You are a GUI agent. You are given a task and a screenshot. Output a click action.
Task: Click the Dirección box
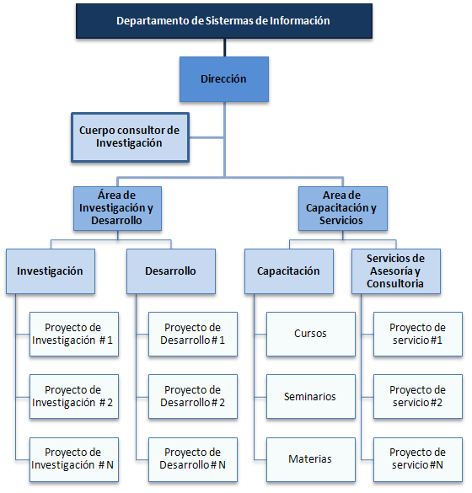coord(224,79)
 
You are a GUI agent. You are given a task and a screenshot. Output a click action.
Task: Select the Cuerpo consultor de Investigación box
coord(130,137)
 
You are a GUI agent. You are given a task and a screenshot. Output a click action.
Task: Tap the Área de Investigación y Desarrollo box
coord(117,208)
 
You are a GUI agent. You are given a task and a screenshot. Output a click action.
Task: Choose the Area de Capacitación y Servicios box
coord(343,208)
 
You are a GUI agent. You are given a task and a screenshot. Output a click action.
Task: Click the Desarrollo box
coord(171,271)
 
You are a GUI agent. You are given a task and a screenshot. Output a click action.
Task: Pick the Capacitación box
coord(289,271)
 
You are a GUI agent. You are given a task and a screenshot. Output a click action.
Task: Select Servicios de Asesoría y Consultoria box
coord(396,271)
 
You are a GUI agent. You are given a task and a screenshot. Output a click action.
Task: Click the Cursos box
coord(311,334)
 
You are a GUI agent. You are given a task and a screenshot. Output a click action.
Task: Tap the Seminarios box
coord(311,396)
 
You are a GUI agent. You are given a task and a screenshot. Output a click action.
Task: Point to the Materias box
coord(311,459)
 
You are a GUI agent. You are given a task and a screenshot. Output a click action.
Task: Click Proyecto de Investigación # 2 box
coord(74,396)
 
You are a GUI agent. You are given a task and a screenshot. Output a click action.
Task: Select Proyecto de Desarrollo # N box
coord(193,459)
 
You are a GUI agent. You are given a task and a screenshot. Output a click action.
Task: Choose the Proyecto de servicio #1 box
coord(418,334)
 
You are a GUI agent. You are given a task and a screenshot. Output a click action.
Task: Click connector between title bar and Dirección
coord(224,48)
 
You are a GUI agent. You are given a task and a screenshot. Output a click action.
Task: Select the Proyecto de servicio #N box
coord(418,459)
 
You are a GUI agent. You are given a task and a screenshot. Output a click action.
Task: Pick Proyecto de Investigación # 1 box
coord(74,334)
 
